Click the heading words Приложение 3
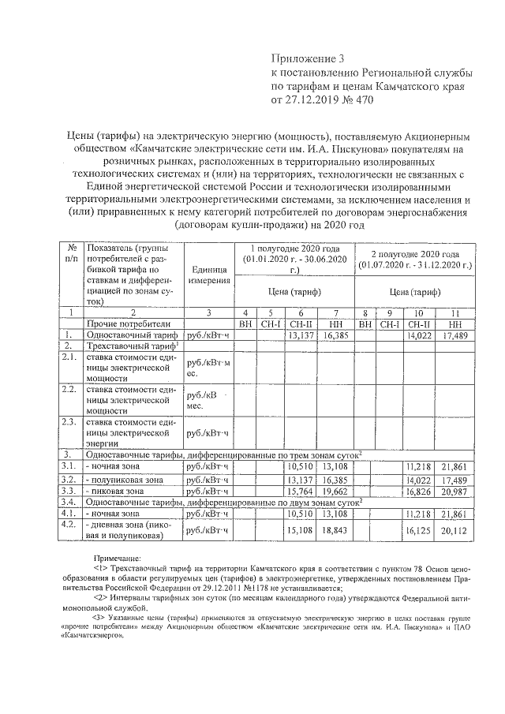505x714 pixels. (309, 58)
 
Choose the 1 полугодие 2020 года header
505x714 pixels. (294, 254)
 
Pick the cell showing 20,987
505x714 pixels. (455, 490)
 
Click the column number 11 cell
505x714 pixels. (455, 312)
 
